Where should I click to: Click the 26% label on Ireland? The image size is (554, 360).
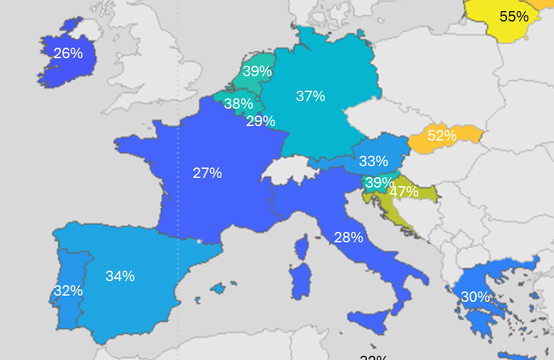click(68, 53)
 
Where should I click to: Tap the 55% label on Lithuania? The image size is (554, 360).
click(514, 17)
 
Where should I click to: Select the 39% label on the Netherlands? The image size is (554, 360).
click(256, 71)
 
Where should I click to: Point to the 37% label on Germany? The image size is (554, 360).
click(310, 96)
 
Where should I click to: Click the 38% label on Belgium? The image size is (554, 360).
click(238, 105)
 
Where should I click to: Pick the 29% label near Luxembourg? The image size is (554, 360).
click(260, 121)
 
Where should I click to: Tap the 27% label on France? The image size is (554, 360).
click(207, 173)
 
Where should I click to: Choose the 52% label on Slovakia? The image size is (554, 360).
click(442, 136)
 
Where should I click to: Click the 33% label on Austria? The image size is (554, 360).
click(373, 161)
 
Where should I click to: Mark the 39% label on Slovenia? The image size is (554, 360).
click(379, 183)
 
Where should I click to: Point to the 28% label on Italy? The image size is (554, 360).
click(348, 237)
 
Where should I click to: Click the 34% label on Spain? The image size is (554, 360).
click(120, 276)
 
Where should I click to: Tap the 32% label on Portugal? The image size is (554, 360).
click(68, 291)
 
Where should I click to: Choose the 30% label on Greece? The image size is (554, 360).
click(475, 297)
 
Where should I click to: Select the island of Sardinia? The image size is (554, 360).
click(299, 282)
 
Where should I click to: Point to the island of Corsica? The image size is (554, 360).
click(301, 246)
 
